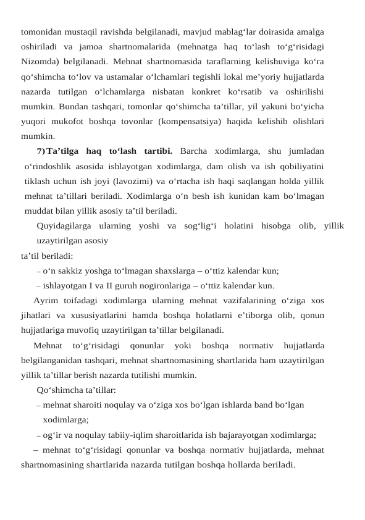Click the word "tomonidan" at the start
point(41,31)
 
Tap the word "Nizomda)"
point(40,61)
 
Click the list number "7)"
point(41,151)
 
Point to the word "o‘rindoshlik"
point(50,166)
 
